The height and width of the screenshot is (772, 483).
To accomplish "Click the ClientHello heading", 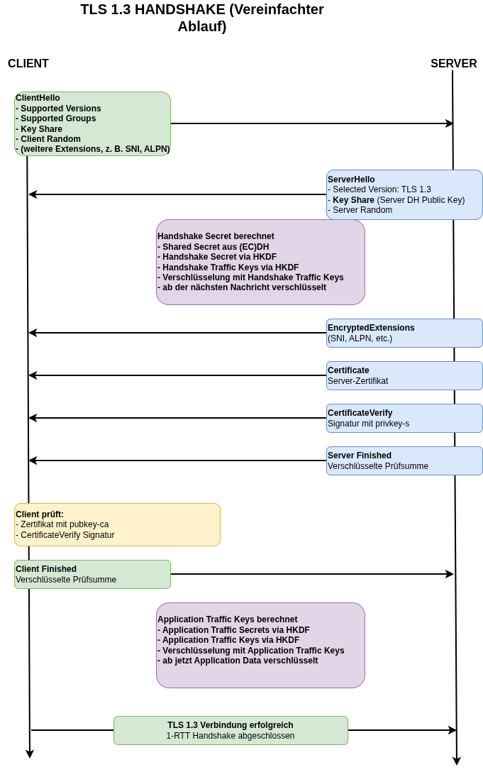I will tap(38, 98).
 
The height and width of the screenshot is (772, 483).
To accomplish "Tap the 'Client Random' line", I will tap(50, 139).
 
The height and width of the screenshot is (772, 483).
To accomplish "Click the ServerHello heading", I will tap(351, 180).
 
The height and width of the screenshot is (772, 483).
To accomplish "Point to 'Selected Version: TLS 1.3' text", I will tap(381, 189).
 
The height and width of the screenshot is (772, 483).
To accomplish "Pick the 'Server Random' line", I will tap(362, 210).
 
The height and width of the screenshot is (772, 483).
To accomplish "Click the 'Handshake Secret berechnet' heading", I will tap(216, 236).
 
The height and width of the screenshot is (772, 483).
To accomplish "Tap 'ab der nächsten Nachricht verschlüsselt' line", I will tap(243, 287).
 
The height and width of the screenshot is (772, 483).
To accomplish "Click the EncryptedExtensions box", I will tap(404, 333).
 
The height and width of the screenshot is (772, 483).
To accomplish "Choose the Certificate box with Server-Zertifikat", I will tap(404, 375).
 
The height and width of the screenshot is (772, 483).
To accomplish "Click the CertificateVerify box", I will tap(404, 418).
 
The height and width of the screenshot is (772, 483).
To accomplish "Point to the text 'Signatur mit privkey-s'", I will tap(368, 424).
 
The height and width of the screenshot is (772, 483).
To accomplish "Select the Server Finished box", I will tap(404, 461).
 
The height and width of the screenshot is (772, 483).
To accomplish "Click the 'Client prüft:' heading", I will tap(40, 514).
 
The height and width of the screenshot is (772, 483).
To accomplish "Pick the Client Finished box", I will tap(92, 574).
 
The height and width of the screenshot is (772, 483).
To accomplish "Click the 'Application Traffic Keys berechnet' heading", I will tap(227, 619).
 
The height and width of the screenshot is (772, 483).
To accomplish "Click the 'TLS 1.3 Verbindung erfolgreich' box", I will tap(231, 730).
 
